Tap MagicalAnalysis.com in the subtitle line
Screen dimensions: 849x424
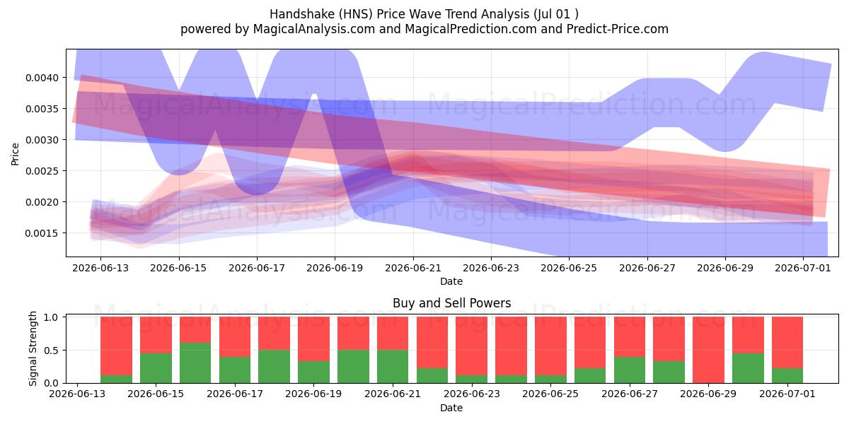point(314,29)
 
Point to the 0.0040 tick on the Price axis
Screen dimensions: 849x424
point(42,78)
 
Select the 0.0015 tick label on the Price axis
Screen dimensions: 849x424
point(42,233)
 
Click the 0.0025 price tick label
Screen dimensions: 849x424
point(42,171)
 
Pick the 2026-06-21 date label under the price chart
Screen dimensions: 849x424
point(413,268)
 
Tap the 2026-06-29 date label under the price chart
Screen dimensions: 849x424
point(725,268)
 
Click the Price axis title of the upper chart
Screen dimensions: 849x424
point(15,155)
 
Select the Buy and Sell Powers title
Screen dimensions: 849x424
point(452,303)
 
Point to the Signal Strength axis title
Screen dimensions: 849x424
point(33,348)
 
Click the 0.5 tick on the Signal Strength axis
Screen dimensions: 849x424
point(51,351)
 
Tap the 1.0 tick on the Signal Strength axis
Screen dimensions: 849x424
point(51,317)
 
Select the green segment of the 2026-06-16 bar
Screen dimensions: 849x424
point(195,363)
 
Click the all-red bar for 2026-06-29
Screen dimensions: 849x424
point(708,351)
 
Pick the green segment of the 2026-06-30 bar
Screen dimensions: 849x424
point(748,368)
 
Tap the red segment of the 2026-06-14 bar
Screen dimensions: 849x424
point(116,346)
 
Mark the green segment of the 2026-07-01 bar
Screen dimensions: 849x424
point(787,375)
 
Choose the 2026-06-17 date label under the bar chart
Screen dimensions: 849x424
point(235,394)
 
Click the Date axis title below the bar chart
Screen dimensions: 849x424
point(451,408)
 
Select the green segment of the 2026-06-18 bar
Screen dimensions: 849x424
point(274,367)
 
